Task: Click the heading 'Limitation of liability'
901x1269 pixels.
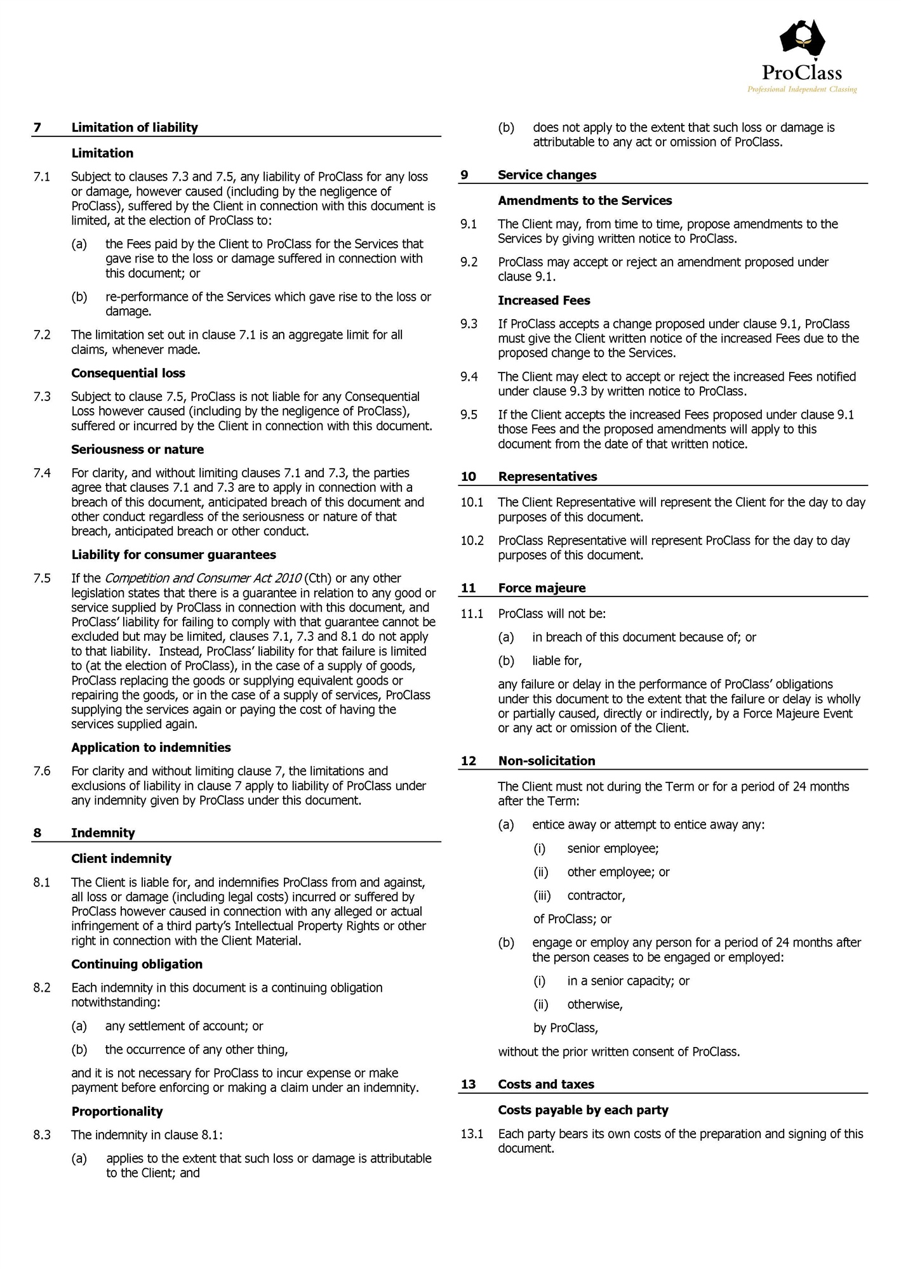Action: coord(135,128)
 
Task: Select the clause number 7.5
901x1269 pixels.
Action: coord(42,578)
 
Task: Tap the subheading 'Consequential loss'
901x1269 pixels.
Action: coord(128,373)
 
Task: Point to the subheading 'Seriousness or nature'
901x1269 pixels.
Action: coord(137,449)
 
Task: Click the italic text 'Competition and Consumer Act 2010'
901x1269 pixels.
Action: coord(203,578)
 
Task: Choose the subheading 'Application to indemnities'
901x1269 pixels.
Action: coord(151,747)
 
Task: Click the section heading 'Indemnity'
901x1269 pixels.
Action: coord(103,832)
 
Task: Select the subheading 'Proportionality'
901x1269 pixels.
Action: coord(117,1111)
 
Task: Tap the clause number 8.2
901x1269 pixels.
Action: coord(42,987)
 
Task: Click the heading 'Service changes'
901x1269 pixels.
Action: coord(547,174)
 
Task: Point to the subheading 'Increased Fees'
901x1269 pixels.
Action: coord(544,300)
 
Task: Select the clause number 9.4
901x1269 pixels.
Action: coord(469,376)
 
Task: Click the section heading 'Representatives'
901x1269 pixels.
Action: coord(547,477)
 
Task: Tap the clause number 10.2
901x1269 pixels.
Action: coord(472,540)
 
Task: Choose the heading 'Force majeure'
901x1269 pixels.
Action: coord(542,588)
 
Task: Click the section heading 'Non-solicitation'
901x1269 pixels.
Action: coord(547,761)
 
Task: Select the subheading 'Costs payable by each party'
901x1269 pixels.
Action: coord(583,1110)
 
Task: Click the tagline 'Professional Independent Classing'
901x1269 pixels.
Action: coord(801,89)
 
